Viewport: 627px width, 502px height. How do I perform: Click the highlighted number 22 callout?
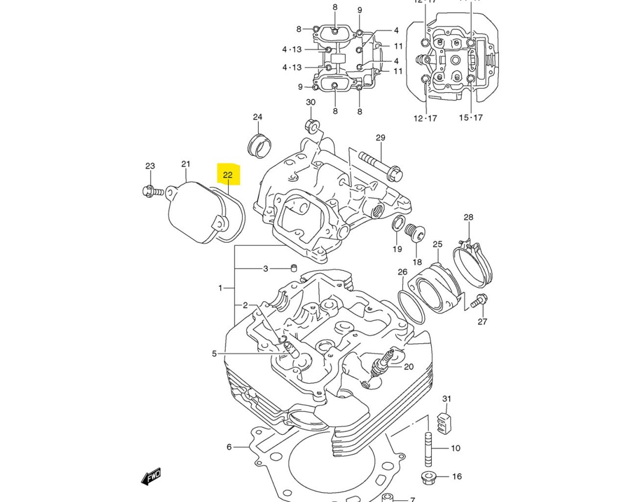click(x=228, y=175)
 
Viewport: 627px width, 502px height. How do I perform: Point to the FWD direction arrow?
click(x=150, y=476)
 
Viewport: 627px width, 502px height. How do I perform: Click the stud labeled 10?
click(x=428, y=448)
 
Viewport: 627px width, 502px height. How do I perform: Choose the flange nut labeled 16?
click(x=428, y=477)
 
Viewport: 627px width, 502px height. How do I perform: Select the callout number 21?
click(x=186, y=164)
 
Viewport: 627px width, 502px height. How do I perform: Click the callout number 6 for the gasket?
click(x=229, y=447)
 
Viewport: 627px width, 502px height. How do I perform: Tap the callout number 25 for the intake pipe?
click(x=437, y=244)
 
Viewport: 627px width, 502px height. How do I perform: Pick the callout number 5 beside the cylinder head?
click(x=214, y=353)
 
